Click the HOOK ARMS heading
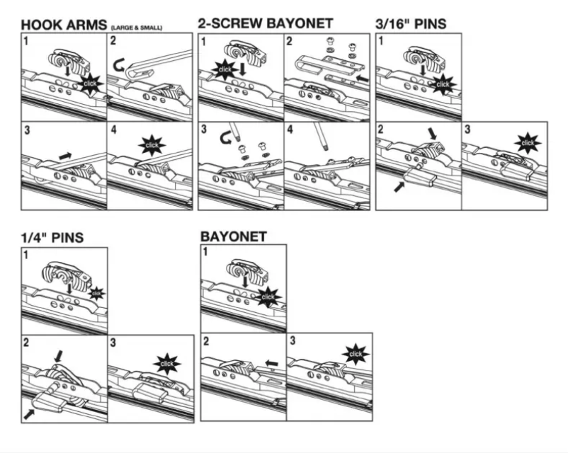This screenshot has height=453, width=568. pos(63,25)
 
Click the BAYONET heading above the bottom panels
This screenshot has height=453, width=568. pos(234,236)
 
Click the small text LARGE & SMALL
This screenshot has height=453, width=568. pos(136,28)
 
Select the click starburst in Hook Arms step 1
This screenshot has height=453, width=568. pos(91,84)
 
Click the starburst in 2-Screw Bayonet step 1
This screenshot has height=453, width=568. pos(224,70)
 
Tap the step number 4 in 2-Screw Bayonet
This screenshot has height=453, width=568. pos(291,130)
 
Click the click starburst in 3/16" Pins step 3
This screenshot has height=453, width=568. pos(528,143)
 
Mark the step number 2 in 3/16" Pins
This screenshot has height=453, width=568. pos(382,130)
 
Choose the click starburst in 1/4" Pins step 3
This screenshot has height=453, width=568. pos(167,363)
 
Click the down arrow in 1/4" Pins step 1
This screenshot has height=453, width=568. pos(69,288)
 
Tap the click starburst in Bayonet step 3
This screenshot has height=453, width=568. pos(356,353)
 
